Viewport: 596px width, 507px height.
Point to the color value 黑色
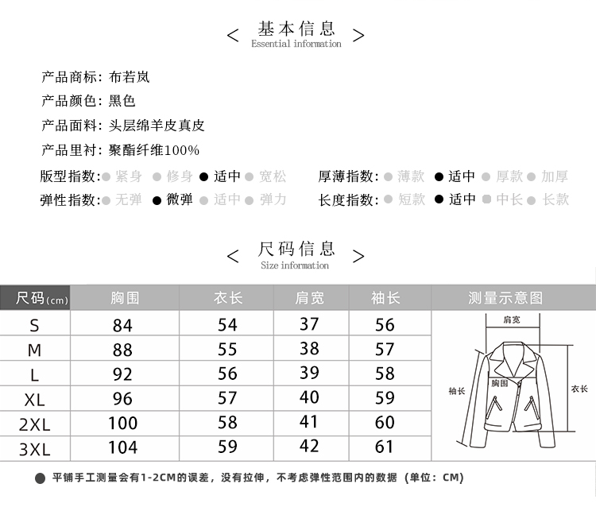(x=122, y=101)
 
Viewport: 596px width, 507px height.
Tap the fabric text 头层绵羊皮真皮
(x=157, y=126)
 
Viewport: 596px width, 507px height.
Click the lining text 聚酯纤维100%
(x=154, y=150)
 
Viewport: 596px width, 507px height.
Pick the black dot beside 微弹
(x=158, y=200)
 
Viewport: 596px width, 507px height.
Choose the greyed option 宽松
(x=273, y=176)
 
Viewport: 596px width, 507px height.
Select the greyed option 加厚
(x=555, y=176)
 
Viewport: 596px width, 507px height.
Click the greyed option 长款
(x=555, y=199)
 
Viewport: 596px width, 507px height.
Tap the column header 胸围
(x=125, y=298)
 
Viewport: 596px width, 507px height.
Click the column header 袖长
(x=385, y=298)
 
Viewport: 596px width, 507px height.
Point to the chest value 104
(x=122, y=447)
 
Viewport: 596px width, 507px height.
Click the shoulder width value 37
(x=309, y=324)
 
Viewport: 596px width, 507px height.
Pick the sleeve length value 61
(x=385, y=447)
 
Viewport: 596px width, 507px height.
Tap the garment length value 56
(x=227, y=373)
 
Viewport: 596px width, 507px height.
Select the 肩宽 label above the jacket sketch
(x=512, y=319)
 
